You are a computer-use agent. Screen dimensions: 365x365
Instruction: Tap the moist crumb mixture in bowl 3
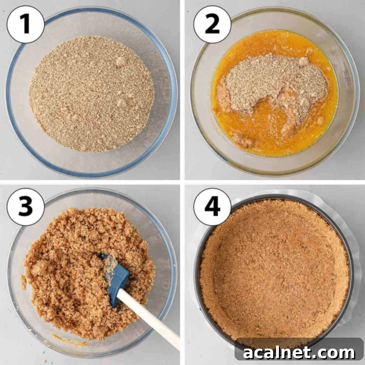coord(76,259)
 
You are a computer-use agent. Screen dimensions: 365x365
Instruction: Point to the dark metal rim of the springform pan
coord(353,274)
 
